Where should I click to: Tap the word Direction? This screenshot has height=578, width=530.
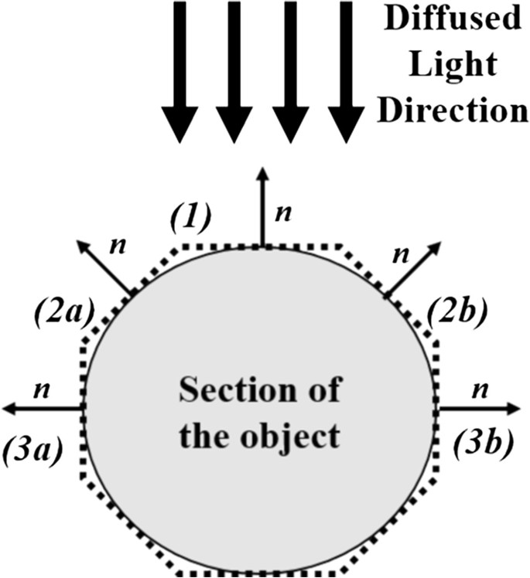[x=457, y=110]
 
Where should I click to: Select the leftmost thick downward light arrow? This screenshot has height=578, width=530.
[x=180, y=70]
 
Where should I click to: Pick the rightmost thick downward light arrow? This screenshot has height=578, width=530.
[x=347, y=70]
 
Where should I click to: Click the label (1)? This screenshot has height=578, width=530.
[x=190, y=219]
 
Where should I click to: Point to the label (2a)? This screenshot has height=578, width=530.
[x=64, y=313]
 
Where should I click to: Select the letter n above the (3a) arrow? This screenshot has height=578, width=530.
[x=43, y=389]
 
